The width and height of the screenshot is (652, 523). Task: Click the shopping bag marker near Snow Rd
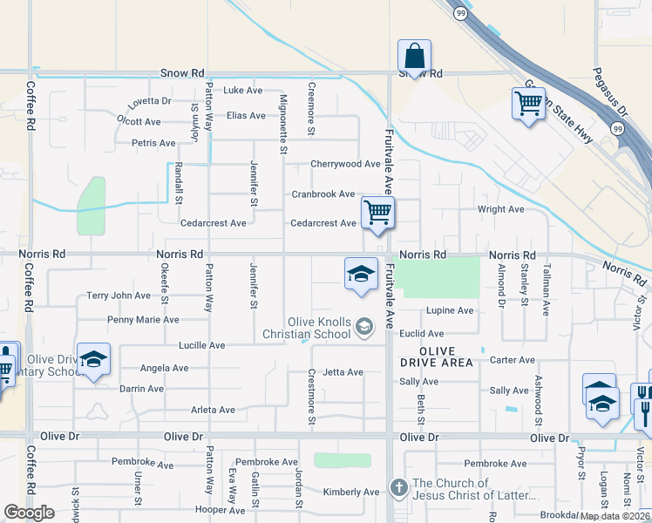(414, 57)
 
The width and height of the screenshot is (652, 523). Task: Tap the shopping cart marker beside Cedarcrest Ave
(377, 212)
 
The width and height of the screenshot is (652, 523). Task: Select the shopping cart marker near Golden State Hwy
(528, 103)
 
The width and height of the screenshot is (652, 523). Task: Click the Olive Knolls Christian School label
(308, 328)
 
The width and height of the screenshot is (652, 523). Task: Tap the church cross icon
(398, 487)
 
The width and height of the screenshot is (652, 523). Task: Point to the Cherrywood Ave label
(345, 164)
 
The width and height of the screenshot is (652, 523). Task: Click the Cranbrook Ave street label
(323, 194)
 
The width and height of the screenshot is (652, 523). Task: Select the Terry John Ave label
(119, 295)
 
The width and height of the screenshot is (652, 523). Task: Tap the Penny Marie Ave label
(143, 320)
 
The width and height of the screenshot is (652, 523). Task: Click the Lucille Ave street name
(201, 345)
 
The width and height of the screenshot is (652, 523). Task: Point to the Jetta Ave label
(343, 372)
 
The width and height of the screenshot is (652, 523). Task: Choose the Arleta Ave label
(214, 410)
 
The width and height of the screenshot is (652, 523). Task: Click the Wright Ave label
(500, 209)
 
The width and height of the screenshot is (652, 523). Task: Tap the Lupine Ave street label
(450, 310)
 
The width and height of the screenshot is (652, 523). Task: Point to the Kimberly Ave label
(351, 492)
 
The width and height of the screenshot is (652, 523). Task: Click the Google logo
(29, 513)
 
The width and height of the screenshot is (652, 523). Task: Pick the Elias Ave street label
(246, 115)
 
